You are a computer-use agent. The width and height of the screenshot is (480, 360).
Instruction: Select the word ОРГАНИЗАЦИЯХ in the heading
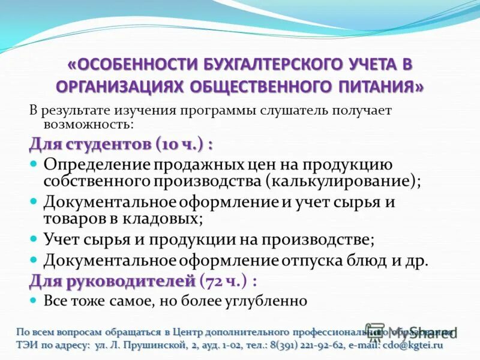coord(120,86)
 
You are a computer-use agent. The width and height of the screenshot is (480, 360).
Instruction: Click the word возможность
coord(88,124)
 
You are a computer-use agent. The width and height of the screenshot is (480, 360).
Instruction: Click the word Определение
coord(96,164)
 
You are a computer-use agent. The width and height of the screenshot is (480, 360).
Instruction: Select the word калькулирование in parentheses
coord(343,180)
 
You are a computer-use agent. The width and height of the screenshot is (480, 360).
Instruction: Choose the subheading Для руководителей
coord(113,280)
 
